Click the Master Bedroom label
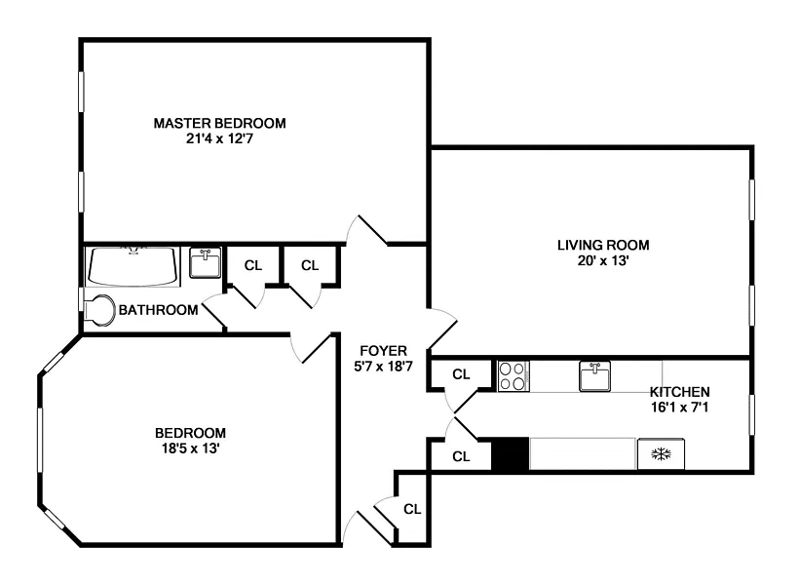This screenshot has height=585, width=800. click(x=219, y=123)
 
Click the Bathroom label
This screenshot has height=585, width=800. click(x=159, y=310)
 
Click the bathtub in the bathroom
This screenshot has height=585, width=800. click(x=133, y=265)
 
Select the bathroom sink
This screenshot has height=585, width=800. click(x=205, y=263)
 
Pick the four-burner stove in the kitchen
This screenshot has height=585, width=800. click(x=513, y=375)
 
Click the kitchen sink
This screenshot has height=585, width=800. click(x=595, y=375)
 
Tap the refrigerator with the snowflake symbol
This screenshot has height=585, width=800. click(x=661, y=454)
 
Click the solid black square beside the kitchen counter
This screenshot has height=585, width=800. click(x=510, y=454)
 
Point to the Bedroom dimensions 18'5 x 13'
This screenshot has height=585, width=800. click(x=190, y=448)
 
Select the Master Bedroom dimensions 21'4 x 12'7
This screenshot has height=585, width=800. click(x=219, y=138)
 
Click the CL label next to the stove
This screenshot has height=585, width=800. click(x=461, y=373)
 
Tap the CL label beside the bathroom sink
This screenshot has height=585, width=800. click(x=253, y=265)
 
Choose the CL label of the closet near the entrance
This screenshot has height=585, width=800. click(x=412, y=508)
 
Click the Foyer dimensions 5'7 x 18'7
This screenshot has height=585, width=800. click(x=383, y=367)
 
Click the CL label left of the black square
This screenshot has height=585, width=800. click(x=461, y=455)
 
